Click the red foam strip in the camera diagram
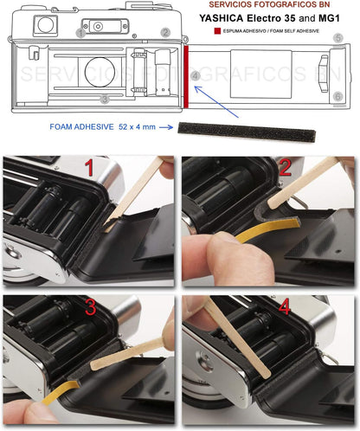[x=186, y=76]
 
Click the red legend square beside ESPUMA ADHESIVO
[x=217, y=31]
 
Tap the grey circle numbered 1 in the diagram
[x=81, y=34]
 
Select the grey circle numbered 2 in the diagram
[x=165, y=32]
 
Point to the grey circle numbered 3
[x=105, y=100]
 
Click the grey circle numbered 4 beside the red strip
[x=196, y=76]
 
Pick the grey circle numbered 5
[x=338, y=38]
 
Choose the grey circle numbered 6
[x=338, y=96]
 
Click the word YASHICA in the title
[x=222, y=18]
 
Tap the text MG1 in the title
[x=329, y=18]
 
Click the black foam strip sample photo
[x=247, y=132]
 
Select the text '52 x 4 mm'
[x=137, y=127]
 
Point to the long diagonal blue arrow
[x=216, y=101]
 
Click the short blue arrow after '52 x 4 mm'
[x=166, y=127]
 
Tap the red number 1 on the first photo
[x=89, y=168]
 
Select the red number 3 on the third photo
[x=91, y=307]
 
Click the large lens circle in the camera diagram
[x=100, y=72]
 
